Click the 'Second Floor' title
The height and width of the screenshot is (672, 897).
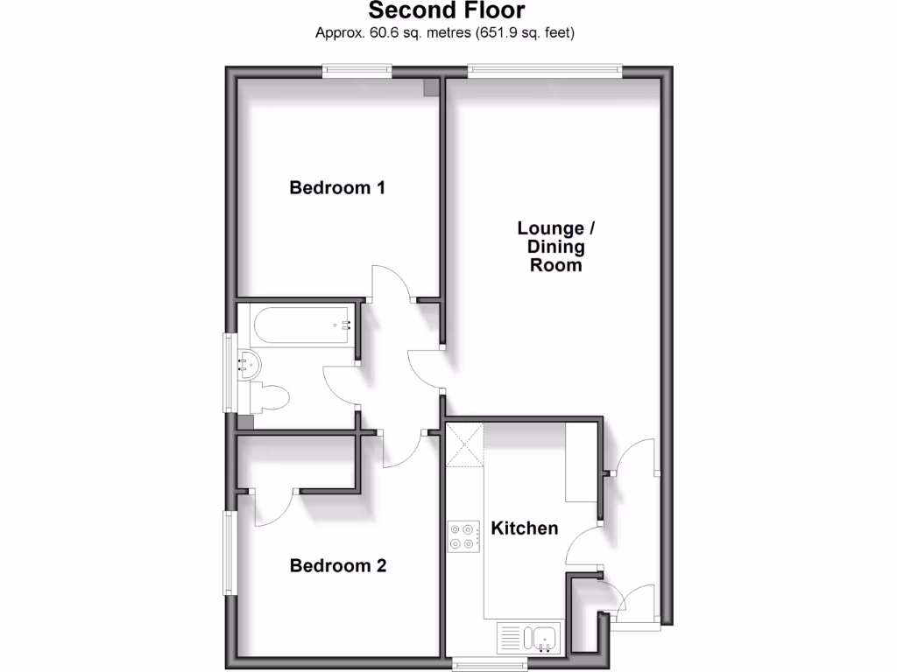point(447,11)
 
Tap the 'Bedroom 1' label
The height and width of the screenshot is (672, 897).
point(337,187)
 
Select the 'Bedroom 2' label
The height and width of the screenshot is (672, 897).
point(338,566)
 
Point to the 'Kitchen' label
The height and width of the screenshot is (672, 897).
point(524,528)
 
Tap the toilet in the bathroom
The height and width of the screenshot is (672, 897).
point(269,399)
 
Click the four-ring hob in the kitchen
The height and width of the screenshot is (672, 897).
point(464,536)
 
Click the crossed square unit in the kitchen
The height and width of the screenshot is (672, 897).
point(464,445)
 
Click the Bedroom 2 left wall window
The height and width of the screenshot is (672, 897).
point(230,552)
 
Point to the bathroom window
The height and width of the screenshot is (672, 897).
point(230,372)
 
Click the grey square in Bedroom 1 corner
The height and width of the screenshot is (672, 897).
point(431,87)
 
